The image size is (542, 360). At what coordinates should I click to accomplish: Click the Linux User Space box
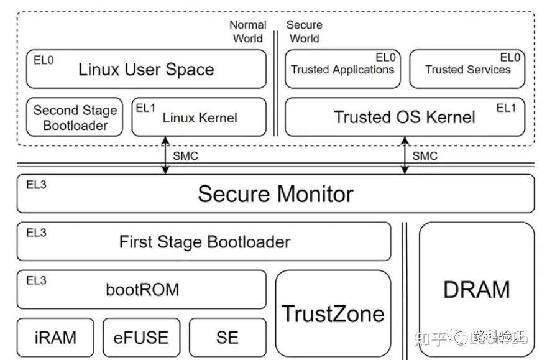146,69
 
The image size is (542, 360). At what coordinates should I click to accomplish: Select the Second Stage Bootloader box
75,118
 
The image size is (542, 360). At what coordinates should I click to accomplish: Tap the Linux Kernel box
199,117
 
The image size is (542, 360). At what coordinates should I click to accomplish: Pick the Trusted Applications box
342,69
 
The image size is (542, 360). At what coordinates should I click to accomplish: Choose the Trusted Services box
467,69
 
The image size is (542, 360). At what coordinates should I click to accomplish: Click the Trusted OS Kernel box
405,117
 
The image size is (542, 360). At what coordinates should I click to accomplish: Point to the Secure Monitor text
275,194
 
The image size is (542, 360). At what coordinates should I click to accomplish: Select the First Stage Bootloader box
204,241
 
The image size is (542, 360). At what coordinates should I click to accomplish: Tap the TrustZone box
333,313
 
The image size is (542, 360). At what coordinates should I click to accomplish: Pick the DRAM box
477,289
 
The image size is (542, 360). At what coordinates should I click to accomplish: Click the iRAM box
55,337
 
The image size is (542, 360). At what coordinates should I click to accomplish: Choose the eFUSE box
141,337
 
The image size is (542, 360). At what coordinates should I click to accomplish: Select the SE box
227,337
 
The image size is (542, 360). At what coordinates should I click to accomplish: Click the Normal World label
248,32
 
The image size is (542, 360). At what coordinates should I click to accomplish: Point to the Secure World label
304,32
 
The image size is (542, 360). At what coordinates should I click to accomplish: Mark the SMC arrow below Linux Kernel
165,155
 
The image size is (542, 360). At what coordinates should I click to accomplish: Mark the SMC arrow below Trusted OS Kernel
405,155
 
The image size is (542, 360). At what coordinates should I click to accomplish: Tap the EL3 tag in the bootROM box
36,280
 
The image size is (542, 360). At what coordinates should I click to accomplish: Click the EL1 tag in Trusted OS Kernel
506,108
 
